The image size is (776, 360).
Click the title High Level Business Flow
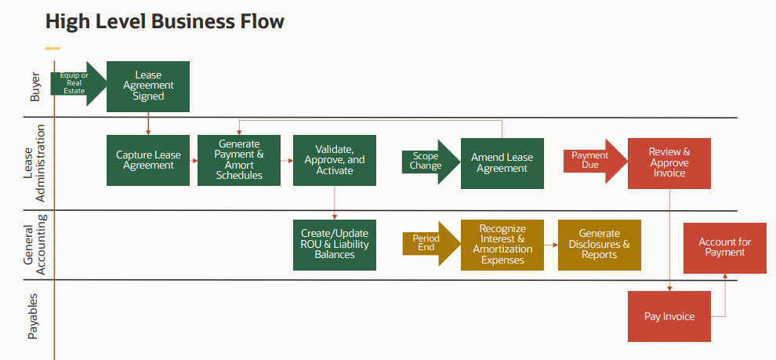tap(165, 21)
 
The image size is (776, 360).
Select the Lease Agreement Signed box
tap(148, 85)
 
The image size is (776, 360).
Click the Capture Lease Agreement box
tap(148, 160)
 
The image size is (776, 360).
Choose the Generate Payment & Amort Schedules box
tap(239, 160)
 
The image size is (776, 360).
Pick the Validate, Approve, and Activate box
tap(335, 160)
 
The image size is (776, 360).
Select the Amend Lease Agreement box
tap(502, 163)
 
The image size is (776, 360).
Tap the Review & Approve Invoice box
tap(669, 163)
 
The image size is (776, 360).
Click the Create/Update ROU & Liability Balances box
tap(335, 245)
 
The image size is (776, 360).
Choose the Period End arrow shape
tap(430, 244)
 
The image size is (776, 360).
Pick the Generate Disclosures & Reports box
tap(600, 245)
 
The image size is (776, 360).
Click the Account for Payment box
tap(725, 248)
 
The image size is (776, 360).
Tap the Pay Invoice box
tap(669, 316)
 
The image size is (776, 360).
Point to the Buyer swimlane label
tap(35, 87)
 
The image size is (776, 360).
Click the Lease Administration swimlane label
tap(35, 163)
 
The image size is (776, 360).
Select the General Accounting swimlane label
tap(35, 245)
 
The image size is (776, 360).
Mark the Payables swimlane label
tap(34, 318)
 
